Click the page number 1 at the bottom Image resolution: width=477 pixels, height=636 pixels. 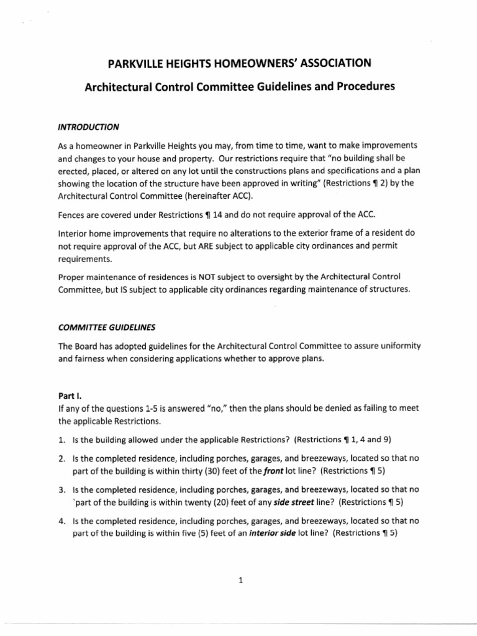click(x=240, y=581)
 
